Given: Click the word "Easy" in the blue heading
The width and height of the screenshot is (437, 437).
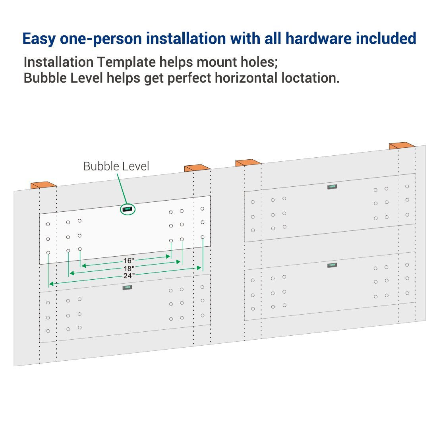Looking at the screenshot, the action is [39, 39].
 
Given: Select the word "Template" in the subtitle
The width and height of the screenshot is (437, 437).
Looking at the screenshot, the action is [126, 62].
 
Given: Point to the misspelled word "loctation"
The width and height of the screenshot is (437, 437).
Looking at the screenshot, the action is [311, 78].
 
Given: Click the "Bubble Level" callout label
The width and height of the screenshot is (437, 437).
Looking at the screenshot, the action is [116, 166].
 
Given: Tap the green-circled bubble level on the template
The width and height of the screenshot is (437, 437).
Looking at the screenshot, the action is [128, 209].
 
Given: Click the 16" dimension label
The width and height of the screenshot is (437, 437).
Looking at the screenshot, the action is [128, 261].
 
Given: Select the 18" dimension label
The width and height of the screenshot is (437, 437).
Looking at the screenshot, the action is [129, 269].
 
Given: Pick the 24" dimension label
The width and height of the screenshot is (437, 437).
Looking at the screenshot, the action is [129, 276].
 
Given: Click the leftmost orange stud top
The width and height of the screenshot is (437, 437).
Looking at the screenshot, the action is [43, 185].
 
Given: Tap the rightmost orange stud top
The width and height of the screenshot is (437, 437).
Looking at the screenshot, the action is [402, 145].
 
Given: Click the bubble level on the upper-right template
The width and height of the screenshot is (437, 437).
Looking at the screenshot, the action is [332, 187].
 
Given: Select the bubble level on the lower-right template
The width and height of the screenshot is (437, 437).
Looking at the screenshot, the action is [332, 265].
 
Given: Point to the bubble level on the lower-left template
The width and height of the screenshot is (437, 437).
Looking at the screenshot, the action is [128, 287].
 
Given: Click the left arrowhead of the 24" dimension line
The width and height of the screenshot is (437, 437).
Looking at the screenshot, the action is [51, 284].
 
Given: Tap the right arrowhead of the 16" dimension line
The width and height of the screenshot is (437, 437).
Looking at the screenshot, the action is [168, 256].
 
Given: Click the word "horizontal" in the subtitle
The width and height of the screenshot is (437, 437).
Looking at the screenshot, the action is [246, 78].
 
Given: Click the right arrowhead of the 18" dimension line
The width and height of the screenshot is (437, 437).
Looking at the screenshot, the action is [178, 262].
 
